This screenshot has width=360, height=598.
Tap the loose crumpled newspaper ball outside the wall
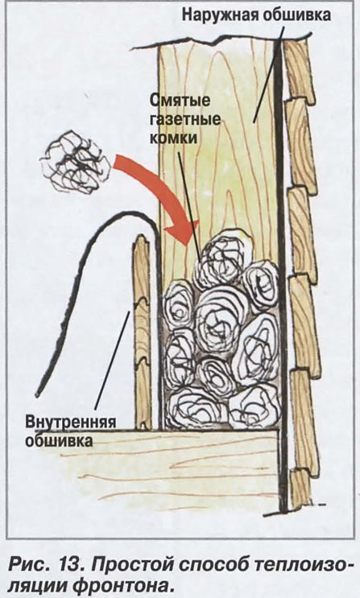[x=75, y=162]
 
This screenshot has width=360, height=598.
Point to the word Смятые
[x=180, y=101]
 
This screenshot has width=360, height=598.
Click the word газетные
[x=184, y=119]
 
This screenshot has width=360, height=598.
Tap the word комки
[x=173, y=138]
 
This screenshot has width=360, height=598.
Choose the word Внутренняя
[x=71, y=423]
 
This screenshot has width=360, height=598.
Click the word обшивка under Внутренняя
[x=59, y=440]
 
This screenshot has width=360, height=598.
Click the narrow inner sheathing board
[x=143, y=332]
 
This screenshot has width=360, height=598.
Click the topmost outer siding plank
[x=299, y=71]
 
